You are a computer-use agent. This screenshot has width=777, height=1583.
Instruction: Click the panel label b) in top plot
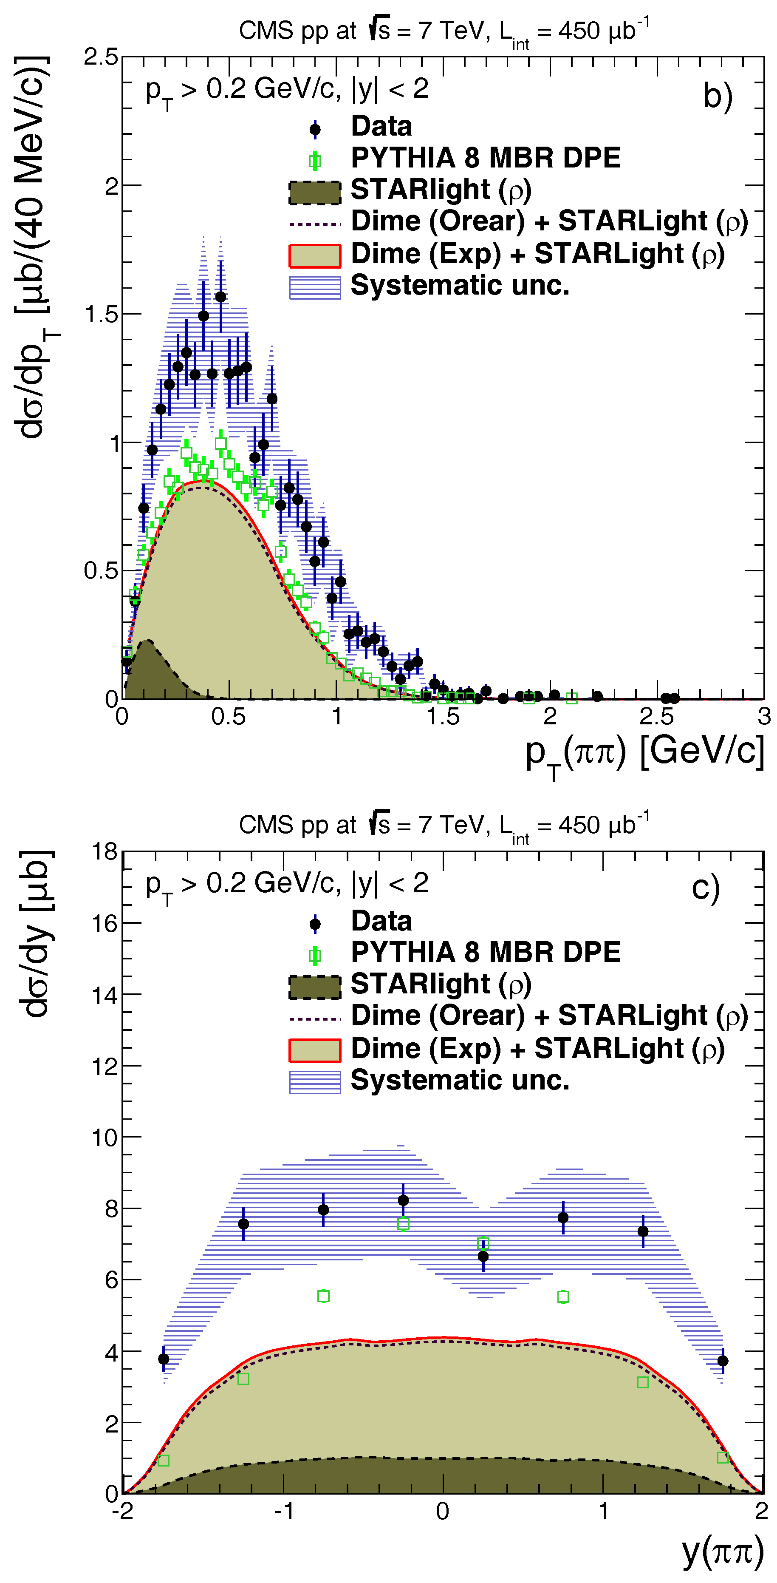[718, 96]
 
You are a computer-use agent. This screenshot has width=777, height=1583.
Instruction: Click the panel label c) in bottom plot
[705, 888]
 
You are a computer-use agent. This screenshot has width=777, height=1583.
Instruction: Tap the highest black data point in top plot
[220, 297]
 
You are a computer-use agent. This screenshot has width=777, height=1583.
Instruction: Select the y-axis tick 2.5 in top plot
[102, 57]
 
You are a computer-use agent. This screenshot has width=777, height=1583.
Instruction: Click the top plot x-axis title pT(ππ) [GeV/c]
[645, 753]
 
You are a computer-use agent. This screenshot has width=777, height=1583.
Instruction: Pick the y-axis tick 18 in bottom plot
[105, 852]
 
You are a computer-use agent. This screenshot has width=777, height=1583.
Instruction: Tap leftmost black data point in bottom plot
[164, 1359]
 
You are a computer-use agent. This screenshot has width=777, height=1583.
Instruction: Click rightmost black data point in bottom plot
[723, 1361]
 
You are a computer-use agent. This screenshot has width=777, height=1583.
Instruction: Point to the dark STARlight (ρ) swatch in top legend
[314, 192]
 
